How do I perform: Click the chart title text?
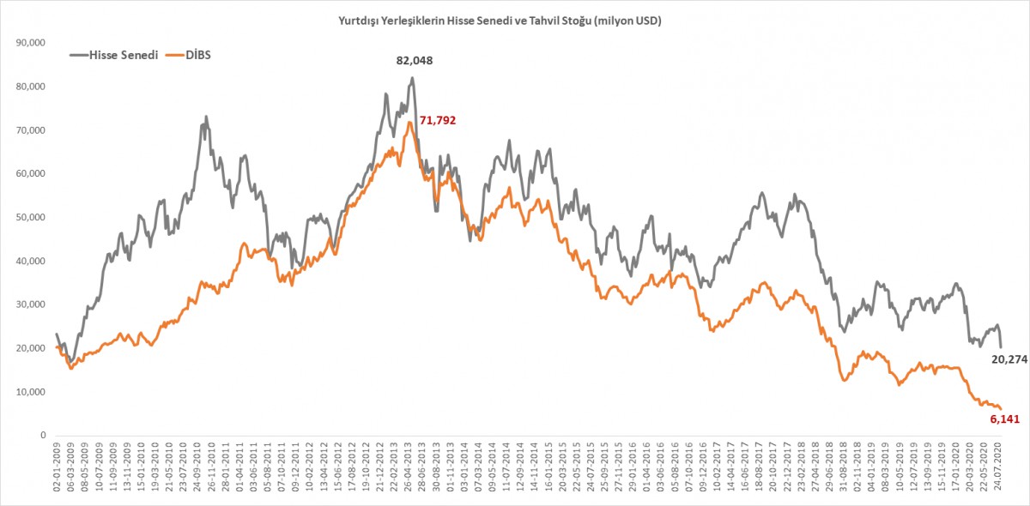(500, 20)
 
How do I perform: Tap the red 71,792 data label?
(437, 121)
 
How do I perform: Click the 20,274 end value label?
(1010, 359)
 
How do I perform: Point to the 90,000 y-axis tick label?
(31, 43)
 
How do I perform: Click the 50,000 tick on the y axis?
(31, 218)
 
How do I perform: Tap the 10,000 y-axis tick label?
(31, 392)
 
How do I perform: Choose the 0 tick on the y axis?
(43, 436)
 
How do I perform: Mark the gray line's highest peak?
(413, 78)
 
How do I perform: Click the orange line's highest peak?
(410, 123)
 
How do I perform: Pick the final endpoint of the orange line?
(1000, 408)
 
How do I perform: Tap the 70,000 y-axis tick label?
(31, 130)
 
